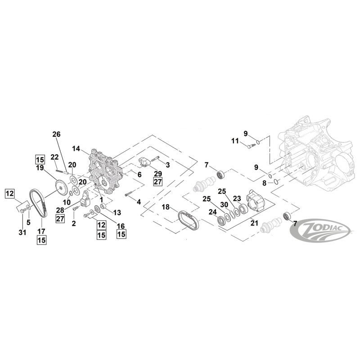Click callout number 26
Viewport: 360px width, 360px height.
pyautogui.click(x=56, y=134)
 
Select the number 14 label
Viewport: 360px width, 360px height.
pyautogui.click(x=76, y=148)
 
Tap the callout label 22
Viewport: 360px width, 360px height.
pyautogui.click(x=54, y=157)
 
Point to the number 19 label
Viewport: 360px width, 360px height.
pyautogui.click(x=40, y=168)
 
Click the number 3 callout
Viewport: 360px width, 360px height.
pyautogui.click(x=167, y=165)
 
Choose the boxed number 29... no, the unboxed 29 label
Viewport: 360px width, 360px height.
pyautogui.click(x=157, y=173)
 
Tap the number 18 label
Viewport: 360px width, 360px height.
pyautogui.click(x=166, y=207)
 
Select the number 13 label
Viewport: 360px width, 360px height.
pyautogui.click(x=117, y=212)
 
